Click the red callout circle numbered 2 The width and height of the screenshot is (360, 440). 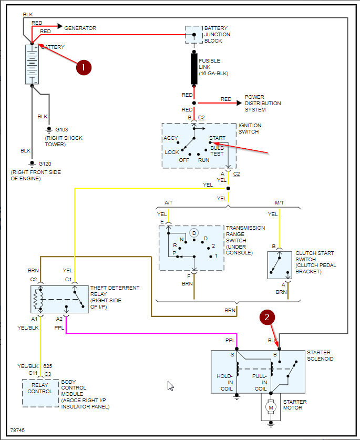click(x=268, y=317)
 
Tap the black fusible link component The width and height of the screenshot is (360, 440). click(x=194, y=67)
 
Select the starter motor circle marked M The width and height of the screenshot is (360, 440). click(x=271, y=406)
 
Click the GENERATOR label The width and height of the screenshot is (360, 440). click(x=80, y=27)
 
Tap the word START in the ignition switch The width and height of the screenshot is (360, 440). click(x=217, y=138)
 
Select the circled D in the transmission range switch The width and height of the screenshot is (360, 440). click(x=194, y=233)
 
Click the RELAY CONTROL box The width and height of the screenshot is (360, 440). click(x=40, y=392)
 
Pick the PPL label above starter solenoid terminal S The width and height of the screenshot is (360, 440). click(x=230, y=341)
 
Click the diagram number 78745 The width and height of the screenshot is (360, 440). click(x=17, y=430)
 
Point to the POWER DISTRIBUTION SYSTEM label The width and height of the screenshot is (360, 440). click(x=263, y=104)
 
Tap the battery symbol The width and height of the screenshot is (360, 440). click(x=32, y=65)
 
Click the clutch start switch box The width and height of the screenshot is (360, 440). click(x=280, y=266)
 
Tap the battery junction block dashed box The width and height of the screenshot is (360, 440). click(x=193, y=35)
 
